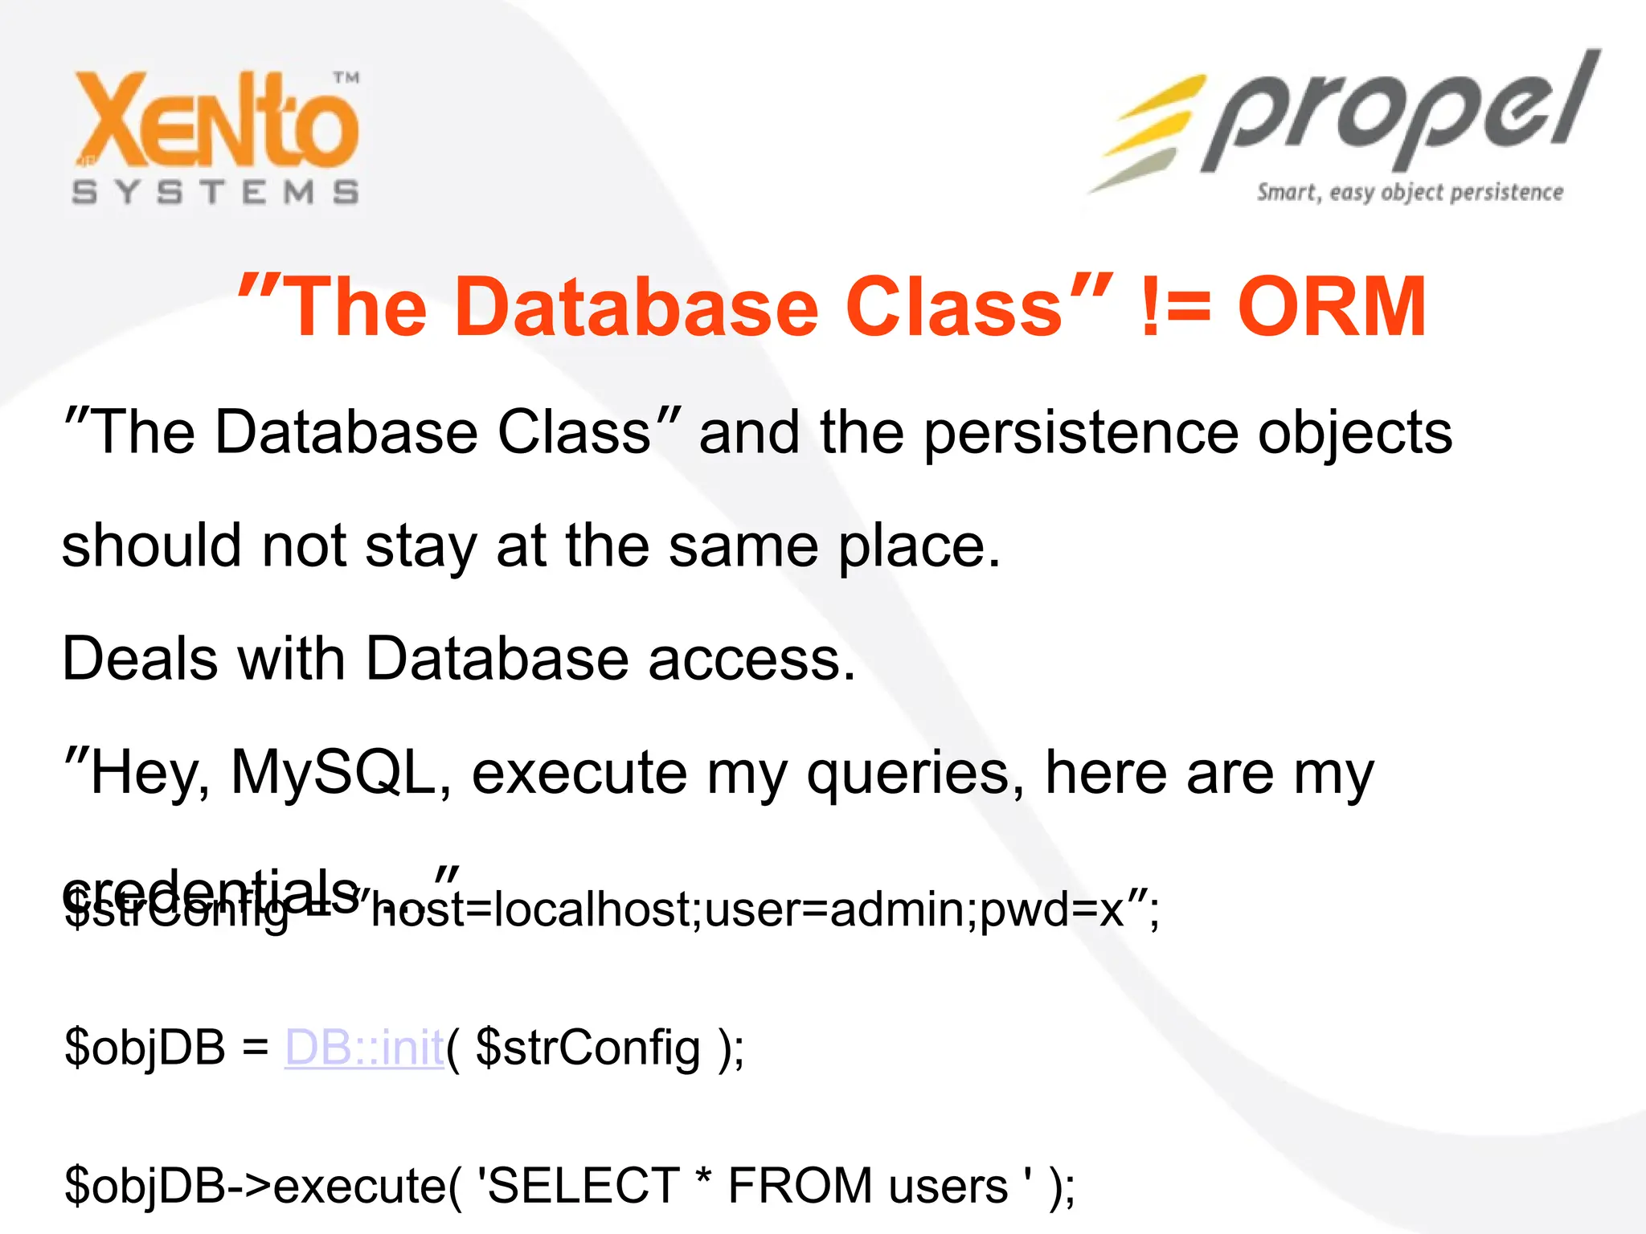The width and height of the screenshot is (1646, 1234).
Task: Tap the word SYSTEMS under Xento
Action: tap(215, 193)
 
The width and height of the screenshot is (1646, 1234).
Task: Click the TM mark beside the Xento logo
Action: tap(346, 78)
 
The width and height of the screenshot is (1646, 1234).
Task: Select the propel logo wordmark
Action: tap(1398, 116)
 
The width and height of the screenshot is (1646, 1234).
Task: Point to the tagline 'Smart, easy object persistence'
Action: tap(1410, 193)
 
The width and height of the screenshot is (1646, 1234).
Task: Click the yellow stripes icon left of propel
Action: tap(1149, 133)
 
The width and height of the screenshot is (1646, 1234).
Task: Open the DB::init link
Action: tap(365, 1048)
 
